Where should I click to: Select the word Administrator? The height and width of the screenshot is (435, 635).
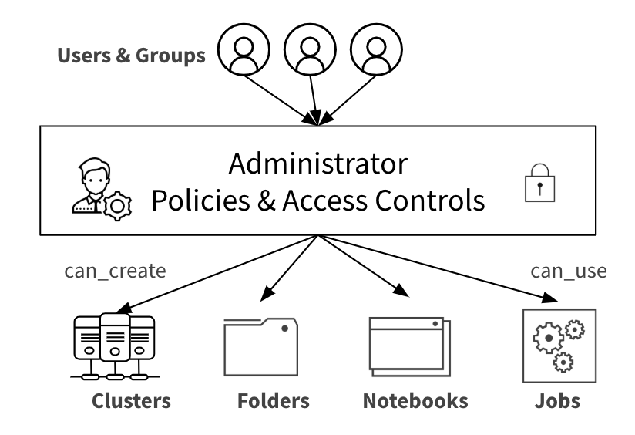pyautogui.click(x=317, y=164)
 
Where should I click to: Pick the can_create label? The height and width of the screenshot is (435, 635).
pyautogui.click(x=116, y=271)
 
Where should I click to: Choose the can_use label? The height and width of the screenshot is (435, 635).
pyautogui.click(x=569, y=271)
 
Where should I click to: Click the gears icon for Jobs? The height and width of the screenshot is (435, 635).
pyautogui.click(x=559, y=345)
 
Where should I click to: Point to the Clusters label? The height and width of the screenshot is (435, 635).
pyautogui.click(x=131, y=401)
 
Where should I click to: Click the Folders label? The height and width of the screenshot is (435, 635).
pyautogui.click(x=274, y=401)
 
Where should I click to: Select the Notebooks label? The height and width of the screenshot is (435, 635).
pyautogui.click(x=415, y=401)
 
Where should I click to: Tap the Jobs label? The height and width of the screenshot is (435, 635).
pyautogui.click(x=557, y=401)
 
